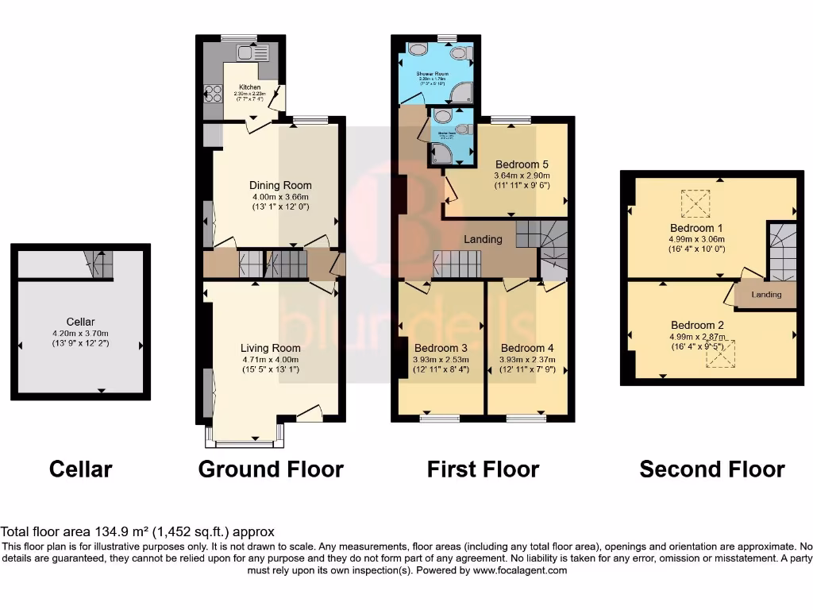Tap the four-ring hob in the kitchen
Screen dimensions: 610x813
click(213, 95)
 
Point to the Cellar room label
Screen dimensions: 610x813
click(80, 321)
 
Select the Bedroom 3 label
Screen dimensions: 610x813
click(440, 348)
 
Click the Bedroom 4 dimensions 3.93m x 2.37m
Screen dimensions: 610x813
click(527, 359)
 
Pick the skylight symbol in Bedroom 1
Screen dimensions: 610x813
click(696, 203)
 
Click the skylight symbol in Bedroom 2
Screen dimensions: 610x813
click(721, 353)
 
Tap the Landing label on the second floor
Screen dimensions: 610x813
click(766, 295)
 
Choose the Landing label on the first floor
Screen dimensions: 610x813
click(483, 239)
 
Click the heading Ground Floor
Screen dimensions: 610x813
click(271, 469)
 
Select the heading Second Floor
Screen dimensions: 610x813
click(712, 469)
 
